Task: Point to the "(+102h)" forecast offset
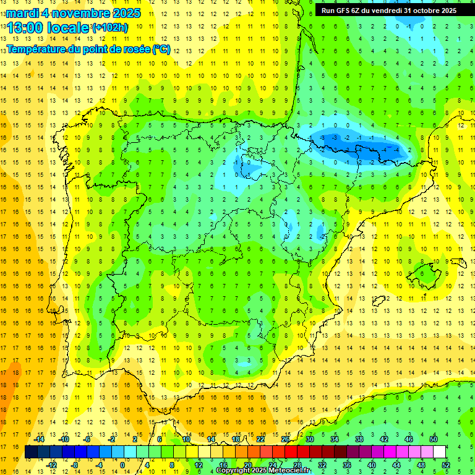(x=109, y=27)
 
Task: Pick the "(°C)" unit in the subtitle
(x=160, y=49)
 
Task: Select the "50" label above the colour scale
(x=433, y=440)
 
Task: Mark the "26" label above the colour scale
(x=285, y=440)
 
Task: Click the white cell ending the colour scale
(x=439, y=452)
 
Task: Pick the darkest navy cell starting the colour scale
(x=31, y=452)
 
